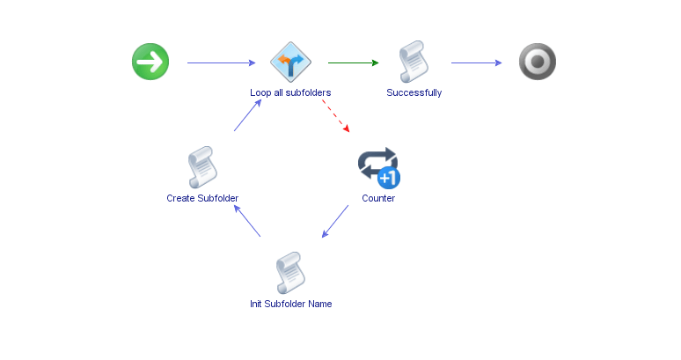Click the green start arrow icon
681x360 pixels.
pyautogui.click(x=150, y=62)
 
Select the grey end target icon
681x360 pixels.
pyautogui.click(x=537, y=62)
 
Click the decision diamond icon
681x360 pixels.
pyautogui.click(x=290, y=62)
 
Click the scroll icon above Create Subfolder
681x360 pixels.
pyautogui.click(x=202, y=167)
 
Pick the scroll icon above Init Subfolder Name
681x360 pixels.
pyautogui.click(x=290, y=273)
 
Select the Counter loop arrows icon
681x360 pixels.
pyautogui.click(x=376, y=165)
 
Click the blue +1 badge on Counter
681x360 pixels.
pyautogui.click(x=389, y=178)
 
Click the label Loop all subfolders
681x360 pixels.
pyautogui.click(x=290, y=92)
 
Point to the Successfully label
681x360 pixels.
pyautogui.click(x=414, y=92)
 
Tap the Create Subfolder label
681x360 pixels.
pyautogui.click(x=202, y=198)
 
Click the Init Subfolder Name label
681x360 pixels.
pyautogui.click(x=290, y=304)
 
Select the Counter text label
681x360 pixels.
pyautogui.click(x=378, y=198)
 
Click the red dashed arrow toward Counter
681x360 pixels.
pyautogui.click(x=335, y=115)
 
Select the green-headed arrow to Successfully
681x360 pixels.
pyautogui.click(x=353, y=62)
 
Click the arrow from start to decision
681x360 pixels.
pyautogui.click(x=220, y=62)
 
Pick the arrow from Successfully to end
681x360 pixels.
pyautogui.click(x=476, y=62)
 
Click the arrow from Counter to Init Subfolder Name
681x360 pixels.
pyautogui.click(x=335, y=221)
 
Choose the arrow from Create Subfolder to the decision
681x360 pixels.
pyautogui.click(x=247, y=115)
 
